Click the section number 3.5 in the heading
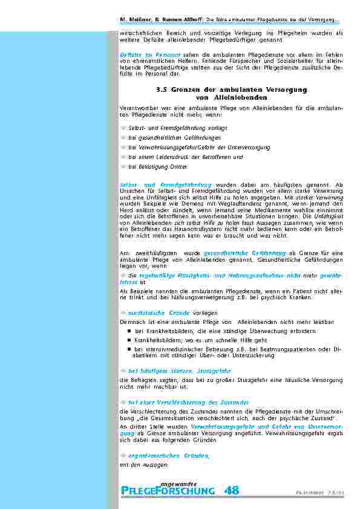[x=162, y=89]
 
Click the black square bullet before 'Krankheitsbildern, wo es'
[x=129, y=340]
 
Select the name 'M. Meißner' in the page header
[x=133, y=20]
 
